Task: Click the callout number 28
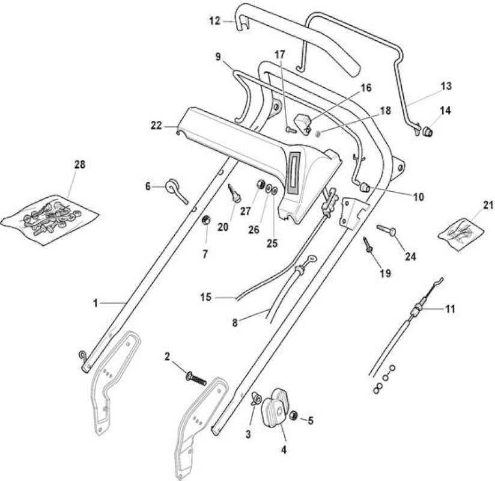80,164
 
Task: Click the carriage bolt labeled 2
195,378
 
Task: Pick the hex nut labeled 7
206,219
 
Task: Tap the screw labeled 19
368,244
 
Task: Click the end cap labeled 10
365,187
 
